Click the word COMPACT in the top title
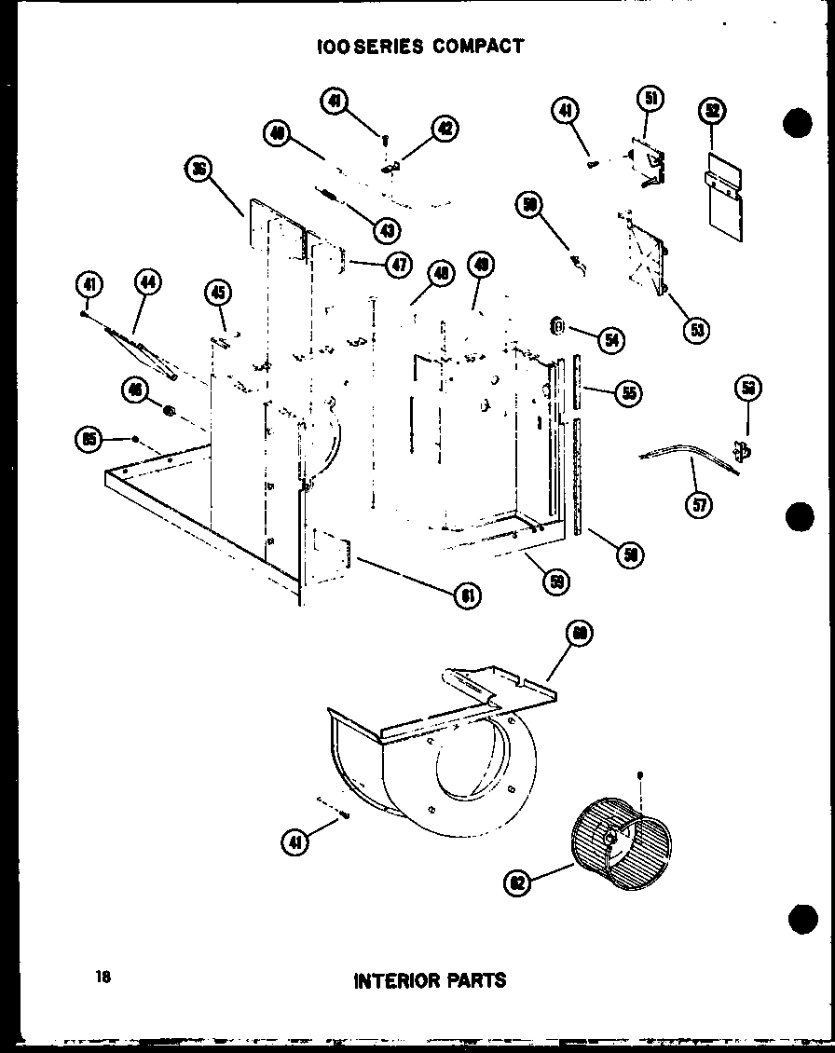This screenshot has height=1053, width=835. pos(478,46)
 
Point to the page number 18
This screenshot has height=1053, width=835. pos(103,977)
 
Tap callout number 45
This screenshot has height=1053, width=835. pos(216,294)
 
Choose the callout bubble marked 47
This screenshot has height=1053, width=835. pos(399,264)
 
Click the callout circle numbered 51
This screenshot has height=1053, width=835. pos(650,98)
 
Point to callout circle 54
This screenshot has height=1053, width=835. pos(611,339)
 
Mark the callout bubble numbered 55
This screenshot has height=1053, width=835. pos(629,393)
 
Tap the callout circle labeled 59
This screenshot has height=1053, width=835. pos(558,581)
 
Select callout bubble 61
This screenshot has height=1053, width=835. pos(467,595)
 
